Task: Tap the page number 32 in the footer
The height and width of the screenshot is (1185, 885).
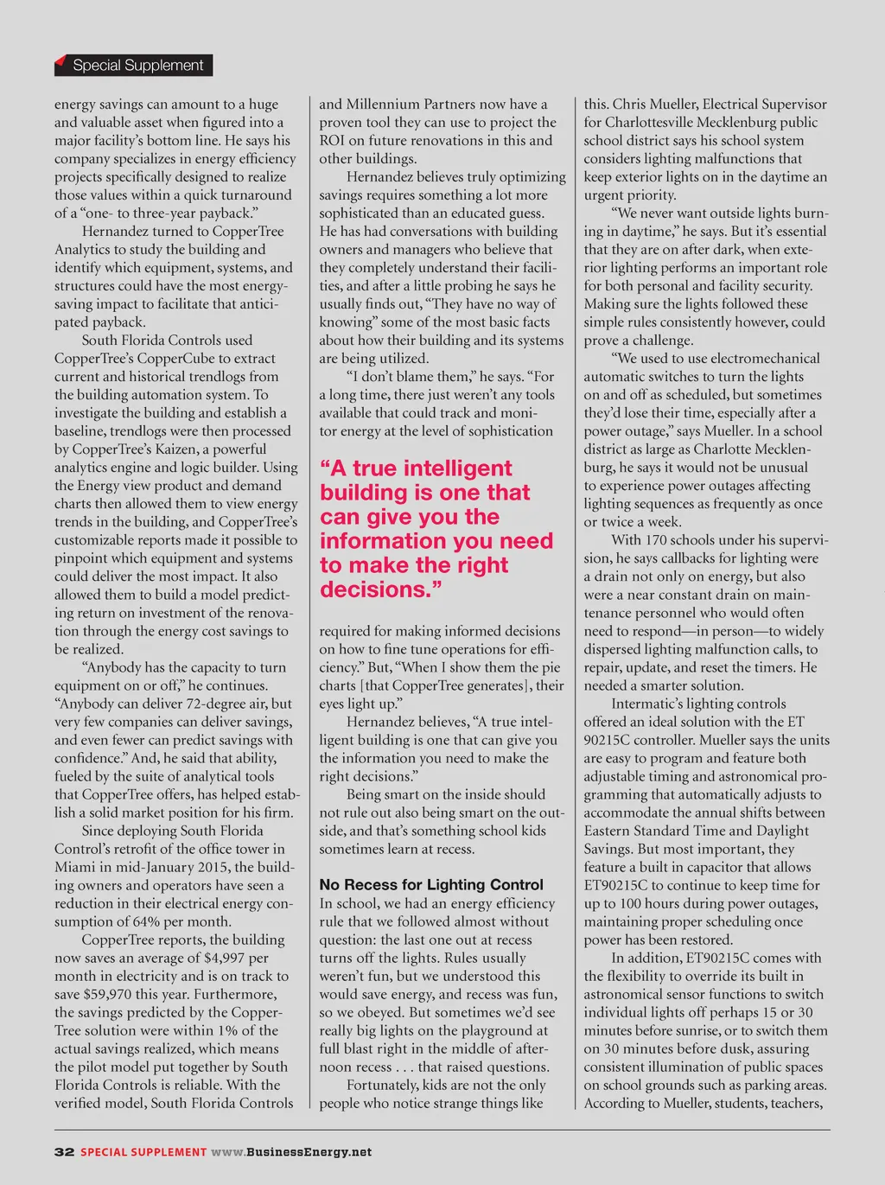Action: [64, 1151]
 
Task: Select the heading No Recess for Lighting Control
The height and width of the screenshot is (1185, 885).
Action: [430, 884]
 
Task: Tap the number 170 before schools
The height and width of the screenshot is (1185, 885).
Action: [656, 540]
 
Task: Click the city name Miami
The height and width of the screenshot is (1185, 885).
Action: [75, 867]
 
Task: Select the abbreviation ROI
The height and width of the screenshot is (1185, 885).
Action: [332, 140]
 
